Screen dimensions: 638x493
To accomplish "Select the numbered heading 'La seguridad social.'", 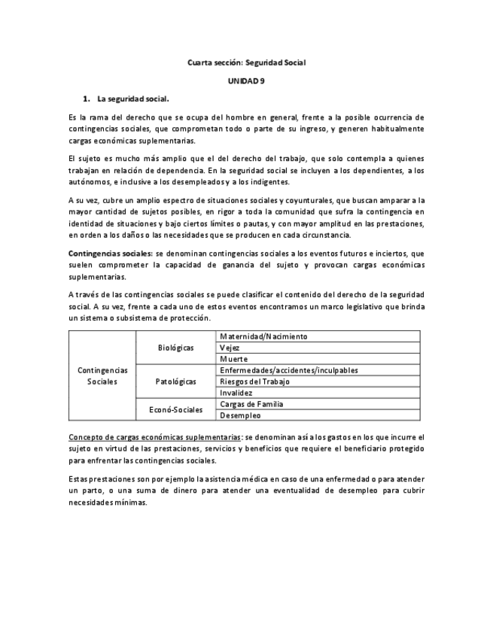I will tap(133, 99).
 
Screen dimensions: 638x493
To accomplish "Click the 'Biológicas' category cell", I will tap(175, 348).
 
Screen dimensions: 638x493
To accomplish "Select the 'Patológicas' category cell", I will tap(175, 381).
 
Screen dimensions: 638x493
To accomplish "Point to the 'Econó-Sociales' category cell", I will tap(175, 409).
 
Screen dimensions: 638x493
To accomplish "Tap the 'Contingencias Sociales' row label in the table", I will tap(102, 376).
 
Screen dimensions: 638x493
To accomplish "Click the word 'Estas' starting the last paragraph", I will tap(78, 479).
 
